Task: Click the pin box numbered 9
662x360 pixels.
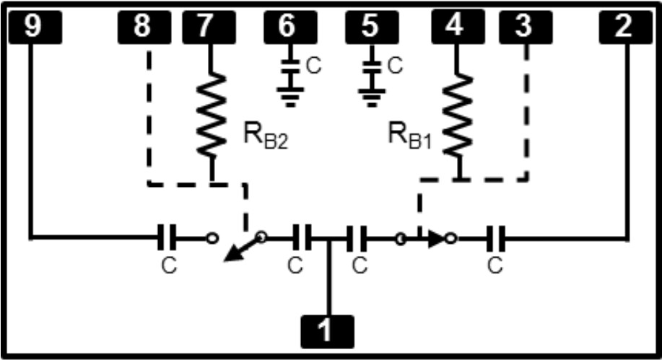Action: click(x=32, y=27)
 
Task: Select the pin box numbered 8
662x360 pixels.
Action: click(x=141, y=27)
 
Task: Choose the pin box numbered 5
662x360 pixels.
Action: click(x=371, y=27)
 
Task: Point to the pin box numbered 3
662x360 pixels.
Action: click(x=524, y=27)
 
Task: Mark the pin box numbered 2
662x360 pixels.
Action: click(x=625, y=27)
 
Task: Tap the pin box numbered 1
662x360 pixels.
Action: click(x=328, y=331)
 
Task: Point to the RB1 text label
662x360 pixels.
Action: click(x=410, y=136)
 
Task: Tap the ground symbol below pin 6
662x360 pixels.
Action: click(x=290, y=97)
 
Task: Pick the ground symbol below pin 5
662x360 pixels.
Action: click(x=372, y=97)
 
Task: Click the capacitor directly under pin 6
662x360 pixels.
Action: click(x=290, y=67)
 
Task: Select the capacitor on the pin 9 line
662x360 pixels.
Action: click(x=167, y=236)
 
